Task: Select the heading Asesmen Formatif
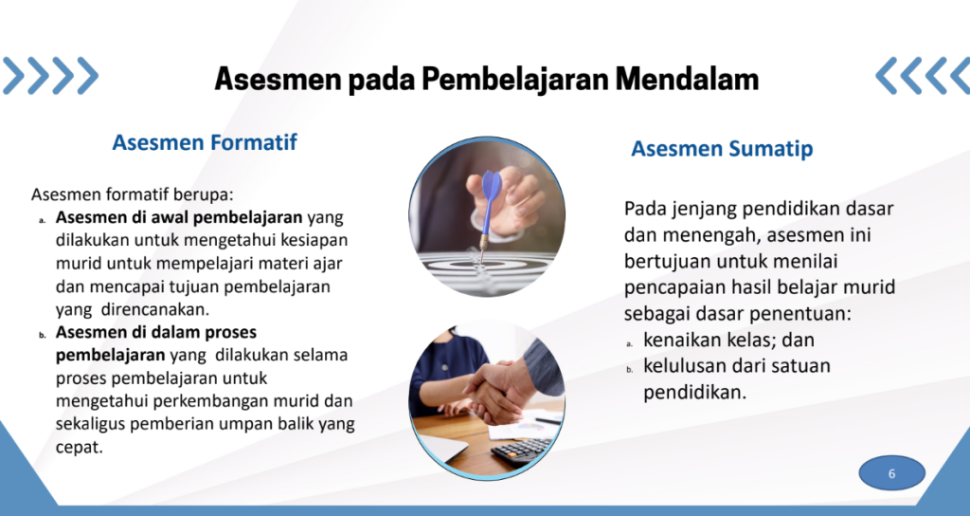pyautogui.click(x=205, y=142)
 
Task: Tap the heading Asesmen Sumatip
pyautogui.click(x=722, y=149)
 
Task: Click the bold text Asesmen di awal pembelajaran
pyautogui.click(x=179, y=218)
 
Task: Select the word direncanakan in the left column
pyautogui.click(x=153, y=309)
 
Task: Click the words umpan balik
pyautogui.click(x=260, y=424)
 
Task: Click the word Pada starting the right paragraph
pyautogui.click(x=646, y=208)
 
